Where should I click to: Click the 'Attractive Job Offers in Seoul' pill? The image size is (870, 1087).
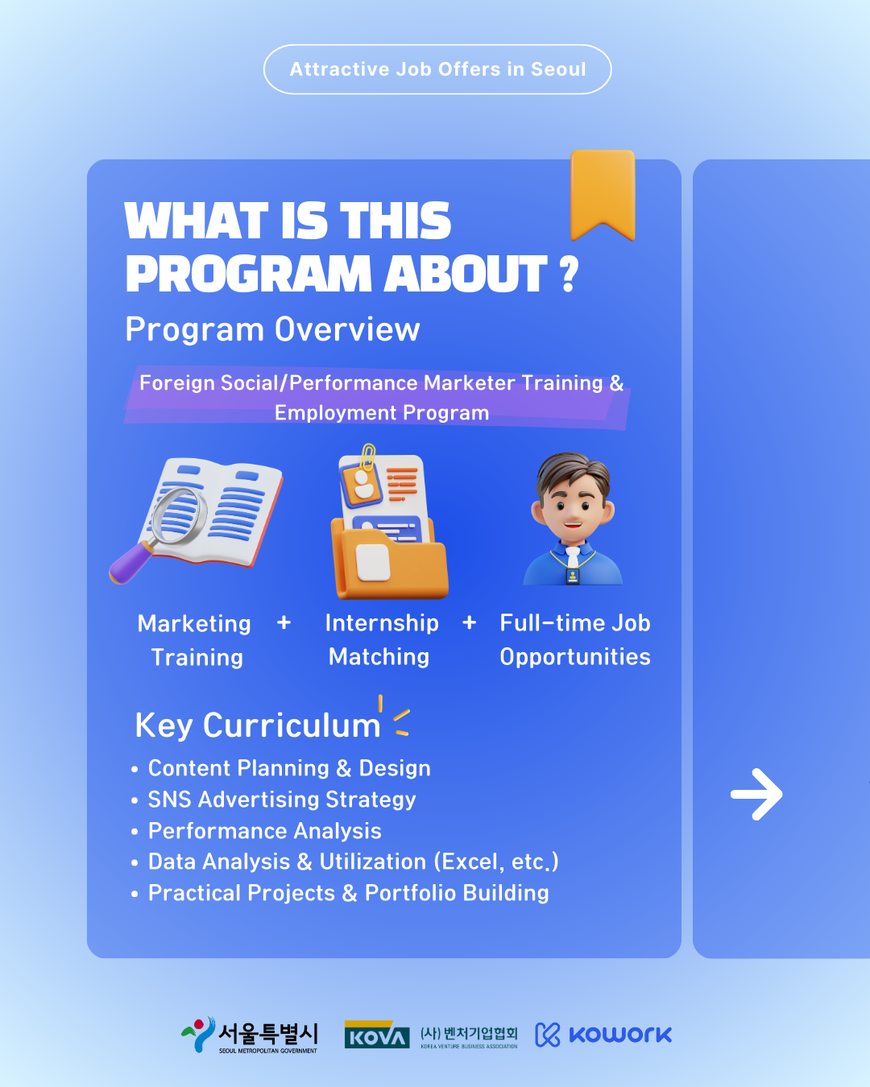pos(437,69)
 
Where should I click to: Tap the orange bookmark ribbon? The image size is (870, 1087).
pos(603,192)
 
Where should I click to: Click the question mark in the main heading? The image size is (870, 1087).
pos(570,274)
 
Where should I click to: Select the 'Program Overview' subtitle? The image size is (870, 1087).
pos(272,330)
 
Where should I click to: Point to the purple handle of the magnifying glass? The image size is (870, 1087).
pos(130,564)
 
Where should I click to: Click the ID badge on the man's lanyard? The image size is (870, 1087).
pos(573,576)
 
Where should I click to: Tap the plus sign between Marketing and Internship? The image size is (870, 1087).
pos(284,622)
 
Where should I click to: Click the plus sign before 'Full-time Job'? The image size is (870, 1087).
pos(469,622)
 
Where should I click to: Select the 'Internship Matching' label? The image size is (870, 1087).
pos(381,640)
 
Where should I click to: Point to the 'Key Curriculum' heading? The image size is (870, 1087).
pos(257,725)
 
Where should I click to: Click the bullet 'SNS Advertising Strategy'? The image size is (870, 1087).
pos(282,800)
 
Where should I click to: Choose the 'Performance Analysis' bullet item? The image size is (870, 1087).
pos(264,831)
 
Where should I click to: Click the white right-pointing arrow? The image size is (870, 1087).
pos(756,795)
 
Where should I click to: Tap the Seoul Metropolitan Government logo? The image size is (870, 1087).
pos(249,1035)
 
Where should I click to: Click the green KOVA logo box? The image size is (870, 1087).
pos(377,1035)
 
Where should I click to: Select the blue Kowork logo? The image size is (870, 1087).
pos(603,1035)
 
